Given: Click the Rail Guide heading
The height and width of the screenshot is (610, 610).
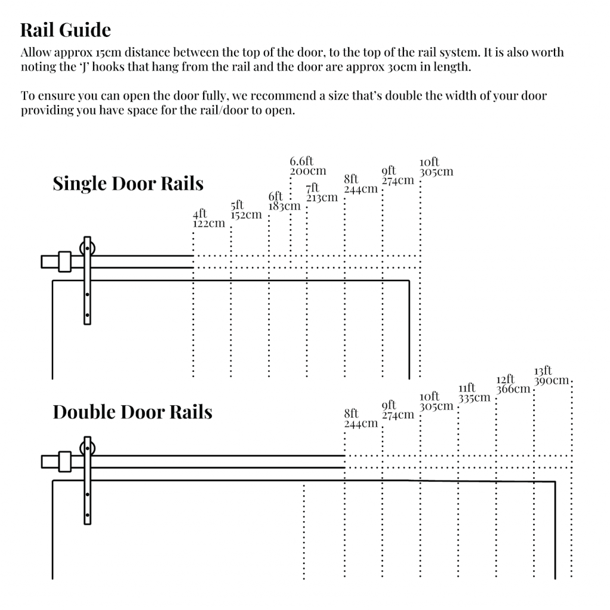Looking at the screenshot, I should (66, 30).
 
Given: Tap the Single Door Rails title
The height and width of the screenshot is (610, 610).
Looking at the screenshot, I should (128, 183).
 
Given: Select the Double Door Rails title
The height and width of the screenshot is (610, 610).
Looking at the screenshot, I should (132, 412).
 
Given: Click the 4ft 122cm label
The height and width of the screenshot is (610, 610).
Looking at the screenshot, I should (208, 219).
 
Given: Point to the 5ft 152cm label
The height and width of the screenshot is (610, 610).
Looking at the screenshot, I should (246, 210).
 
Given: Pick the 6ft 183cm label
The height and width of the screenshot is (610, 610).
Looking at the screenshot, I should (284, 201).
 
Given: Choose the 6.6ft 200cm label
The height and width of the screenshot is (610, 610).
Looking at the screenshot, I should (307, 166).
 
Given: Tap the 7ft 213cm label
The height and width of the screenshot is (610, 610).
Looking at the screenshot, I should (322, 192).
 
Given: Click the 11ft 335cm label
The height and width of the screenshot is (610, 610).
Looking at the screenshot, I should (474, 393).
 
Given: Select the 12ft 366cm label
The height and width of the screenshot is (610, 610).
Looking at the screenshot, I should (512, 384).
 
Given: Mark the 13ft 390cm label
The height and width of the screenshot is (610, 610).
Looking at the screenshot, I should (551, 376).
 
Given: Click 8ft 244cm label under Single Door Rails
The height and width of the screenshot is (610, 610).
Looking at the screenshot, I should (360, 184).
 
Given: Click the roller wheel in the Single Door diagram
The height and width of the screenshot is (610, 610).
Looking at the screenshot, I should (88, 248).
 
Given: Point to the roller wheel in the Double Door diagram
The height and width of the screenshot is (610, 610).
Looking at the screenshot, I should (88, 448).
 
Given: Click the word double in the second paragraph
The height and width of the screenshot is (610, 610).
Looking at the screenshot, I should (402, 96).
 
